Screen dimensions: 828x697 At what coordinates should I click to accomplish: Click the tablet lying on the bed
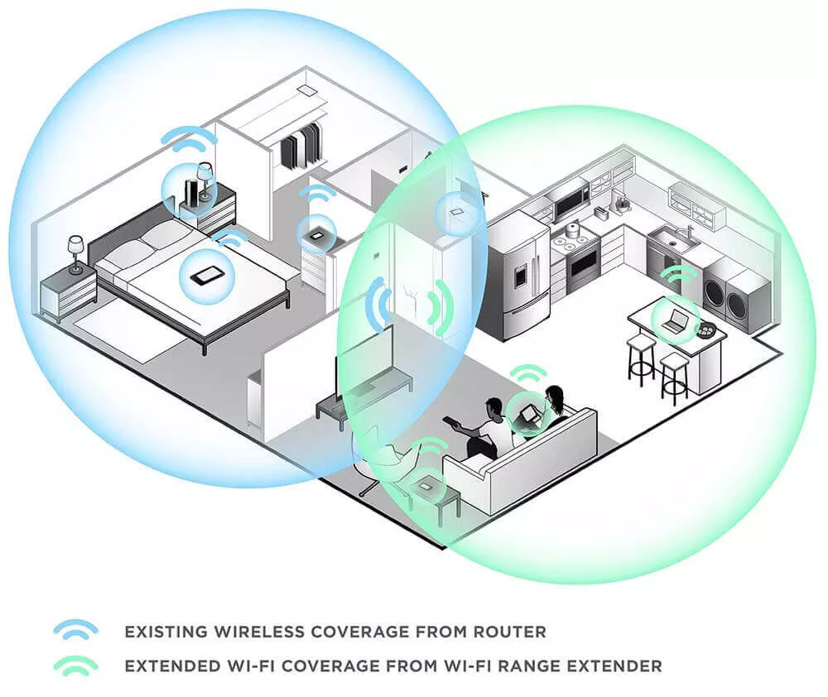tap(206, 276)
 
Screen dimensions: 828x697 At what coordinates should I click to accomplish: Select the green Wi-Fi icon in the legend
tap(76, 664)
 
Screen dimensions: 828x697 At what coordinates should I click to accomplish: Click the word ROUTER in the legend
tap(509, 632)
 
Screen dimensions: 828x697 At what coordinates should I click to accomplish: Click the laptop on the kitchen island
tap(674, 321)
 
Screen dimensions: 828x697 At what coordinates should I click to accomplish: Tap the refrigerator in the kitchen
tap(517, 275)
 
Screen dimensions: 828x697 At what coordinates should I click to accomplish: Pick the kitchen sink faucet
tap(690, 233)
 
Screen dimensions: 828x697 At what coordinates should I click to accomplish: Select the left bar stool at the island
tap(641, 360)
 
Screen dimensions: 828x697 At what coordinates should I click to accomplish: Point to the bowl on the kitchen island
tap(705, 331)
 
